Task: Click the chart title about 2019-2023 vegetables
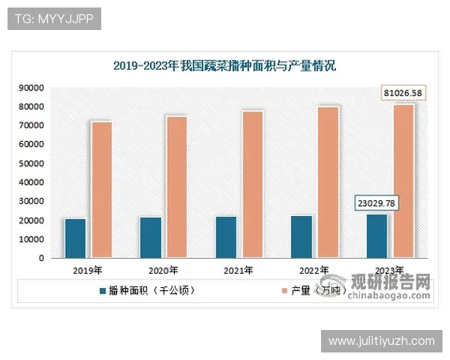(x=224, y=66)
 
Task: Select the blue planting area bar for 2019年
(x=75, y=238)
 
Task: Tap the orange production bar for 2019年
(x=101, y=190)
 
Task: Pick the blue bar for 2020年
(x=150, y=238)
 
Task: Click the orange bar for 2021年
(x=253, y=184)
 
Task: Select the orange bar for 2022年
(x=328, y=182)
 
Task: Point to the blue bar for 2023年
(x=376, y=236)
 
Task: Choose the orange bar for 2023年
(x=403, y=181)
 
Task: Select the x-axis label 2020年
(x=163, y=270)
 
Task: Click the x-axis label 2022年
(x=313, y=270)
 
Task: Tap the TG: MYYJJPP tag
(x=53, y=19)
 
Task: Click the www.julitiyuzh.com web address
(x=381, y=341)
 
